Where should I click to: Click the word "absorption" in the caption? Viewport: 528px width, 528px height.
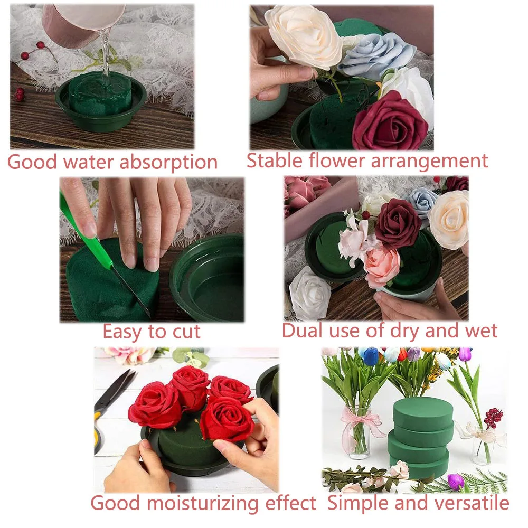click(x=168, y=163)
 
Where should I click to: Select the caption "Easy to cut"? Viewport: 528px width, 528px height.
click(x=152, y=332)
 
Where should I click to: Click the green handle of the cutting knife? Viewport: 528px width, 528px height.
click(x=79, y=227)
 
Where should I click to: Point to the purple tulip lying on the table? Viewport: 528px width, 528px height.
click(x=455, y=481)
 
